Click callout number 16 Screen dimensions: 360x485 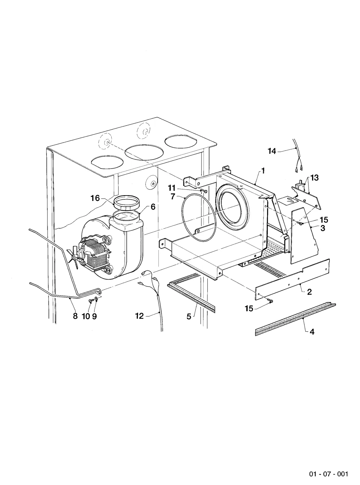pos(95,198)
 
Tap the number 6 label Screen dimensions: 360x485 pos(153,207)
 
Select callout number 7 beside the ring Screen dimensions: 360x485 pos(173,197)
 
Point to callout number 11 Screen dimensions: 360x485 pos(172,188)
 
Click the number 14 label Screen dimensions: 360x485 pos(272,151)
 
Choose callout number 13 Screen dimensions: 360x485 pos(314,178)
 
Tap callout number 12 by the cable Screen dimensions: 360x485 pos(140,316)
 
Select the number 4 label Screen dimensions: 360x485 pos(312,332)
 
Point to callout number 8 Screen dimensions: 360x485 pos(75,316)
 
